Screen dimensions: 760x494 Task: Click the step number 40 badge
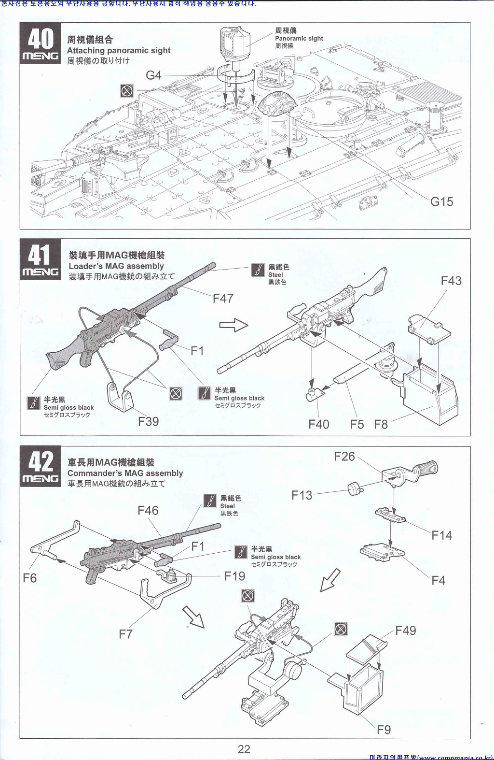[x=41, y=43]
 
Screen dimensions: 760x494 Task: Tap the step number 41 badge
[x=41, y=261]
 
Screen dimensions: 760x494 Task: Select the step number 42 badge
[x=41, y=467]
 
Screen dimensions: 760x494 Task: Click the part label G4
[x=153, y=75]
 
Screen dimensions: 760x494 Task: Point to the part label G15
[x=441, y=201]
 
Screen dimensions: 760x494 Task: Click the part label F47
[x=223, y=299]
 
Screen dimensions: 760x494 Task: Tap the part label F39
[x=148, y=421]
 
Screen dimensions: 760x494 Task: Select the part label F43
[x=451, y=281]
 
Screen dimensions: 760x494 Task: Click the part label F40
[x=318, y=424]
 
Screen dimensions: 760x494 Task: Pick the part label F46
[x=148, y=510]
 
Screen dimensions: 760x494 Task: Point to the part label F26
[x=344, y=457]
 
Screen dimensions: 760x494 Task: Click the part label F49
[x=405, y=631]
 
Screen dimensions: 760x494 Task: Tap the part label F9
[x=384, y=730]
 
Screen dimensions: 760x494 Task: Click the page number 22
[x=244, y=749]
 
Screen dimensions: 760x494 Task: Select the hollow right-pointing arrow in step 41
[x=234, y=325]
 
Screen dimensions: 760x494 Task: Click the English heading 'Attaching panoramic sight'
[x=119, y=50]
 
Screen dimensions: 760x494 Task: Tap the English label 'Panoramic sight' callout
[x=299, y=39]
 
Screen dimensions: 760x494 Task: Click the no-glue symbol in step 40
[x=127, y=90]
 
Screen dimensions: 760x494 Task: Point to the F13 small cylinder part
[x=355, y=489]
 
